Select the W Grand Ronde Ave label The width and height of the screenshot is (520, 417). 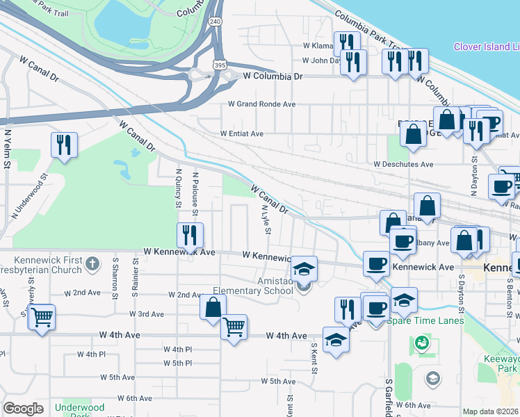click(262, 104)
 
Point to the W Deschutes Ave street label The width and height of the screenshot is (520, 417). click(403, 165)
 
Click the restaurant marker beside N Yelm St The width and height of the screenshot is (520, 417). click(64, 146)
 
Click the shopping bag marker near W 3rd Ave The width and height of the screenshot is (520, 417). click(213, 307)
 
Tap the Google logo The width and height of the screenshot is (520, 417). click(23, 409)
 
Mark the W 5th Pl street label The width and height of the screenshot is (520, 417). click(177, 363)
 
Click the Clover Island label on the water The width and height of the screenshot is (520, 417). click(486, 47)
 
